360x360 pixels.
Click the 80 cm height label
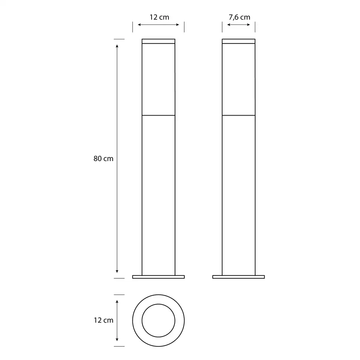(x=103, y=159)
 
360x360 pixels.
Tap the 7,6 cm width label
(x=239, y=17)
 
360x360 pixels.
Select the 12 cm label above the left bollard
(x=159, y=17)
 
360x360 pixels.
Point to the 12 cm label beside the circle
(x=104, y=320)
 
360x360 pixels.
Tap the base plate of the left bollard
(x=158, y=277)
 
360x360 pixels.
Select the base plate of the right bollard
(x=239, y=277)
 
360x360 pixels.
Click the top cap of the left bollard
(x=158, y=41)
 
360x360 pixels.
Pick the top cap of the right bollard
(x=239, y=41)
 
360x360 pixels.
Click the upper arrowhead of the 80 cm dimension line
(x=117, y=46)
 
